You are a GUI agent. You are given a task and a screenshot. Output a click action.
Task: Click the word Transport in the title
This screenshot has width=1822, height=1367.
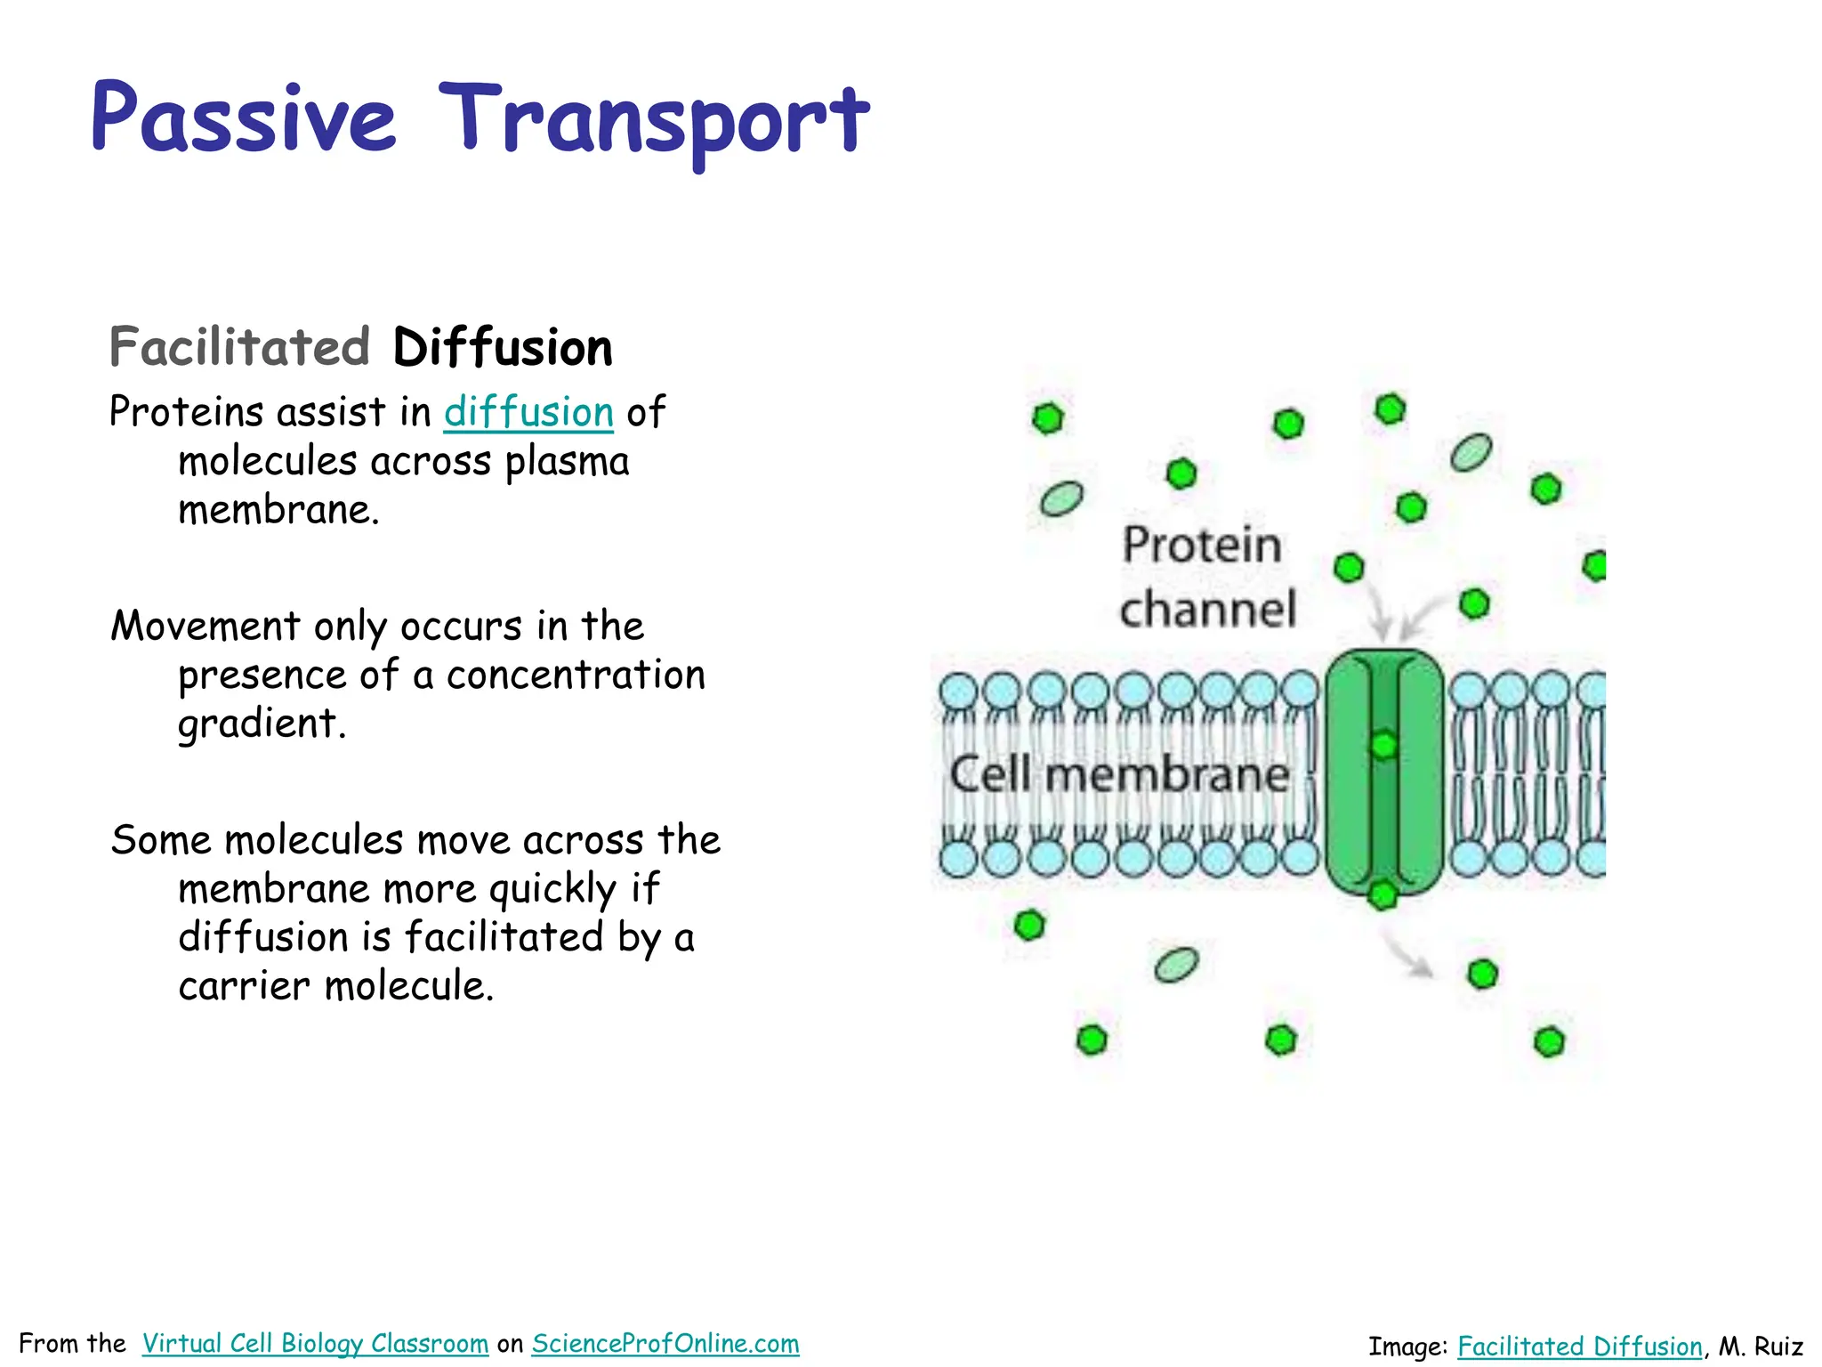[x=654, y=120]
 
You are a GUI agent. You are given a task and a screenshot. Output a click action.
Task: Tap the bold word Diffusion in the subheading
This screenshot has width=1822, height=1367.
[x=503, y=348]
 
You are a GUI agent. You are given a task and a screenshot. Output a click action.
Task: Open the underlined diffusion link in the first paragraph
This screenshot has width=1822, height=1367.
[x=528, y=413]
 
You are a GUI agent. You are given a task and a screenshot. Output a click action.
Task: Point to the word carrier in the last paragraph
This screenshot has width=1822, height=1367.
[x=244, y=986]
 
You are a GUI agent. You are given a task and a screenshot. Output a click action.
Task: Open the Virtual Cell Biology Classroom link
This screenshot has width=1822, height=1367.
[x=315, y=1344]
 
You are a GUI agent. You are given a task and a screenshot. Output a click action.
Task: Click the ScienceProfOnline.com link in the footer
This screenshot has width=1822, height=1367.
[x=665, y=1344]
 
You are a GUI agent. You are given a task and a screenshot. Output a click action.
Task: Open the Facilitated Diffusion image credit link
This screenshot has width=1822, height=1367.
[x=1580, y=1347]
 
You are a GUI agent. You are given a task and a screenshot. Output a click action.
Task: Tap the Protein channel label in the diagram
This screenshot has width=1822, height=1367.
[x=1205, y=577]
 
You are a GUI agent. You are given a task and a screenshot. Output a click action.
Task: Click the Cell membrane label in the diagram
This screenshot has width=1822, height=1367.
[x=1119, y=774]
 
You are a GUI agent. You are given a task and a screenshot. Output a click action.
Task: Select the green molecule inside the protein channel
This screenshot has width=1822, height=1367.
[x=1383, y=744]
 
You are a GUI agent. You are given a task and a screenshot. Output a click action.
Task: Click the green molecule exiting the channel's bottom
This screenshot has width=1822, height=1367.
[x=1383, y=894]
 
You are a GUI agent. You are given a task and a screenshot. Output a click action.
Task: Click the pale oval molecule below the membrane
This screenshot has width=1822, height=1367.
[x=1176, y=964]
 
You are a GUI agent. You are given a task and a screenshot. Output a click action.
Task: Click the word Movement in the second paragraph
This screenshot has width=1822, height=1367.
[x=206, y=627]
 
